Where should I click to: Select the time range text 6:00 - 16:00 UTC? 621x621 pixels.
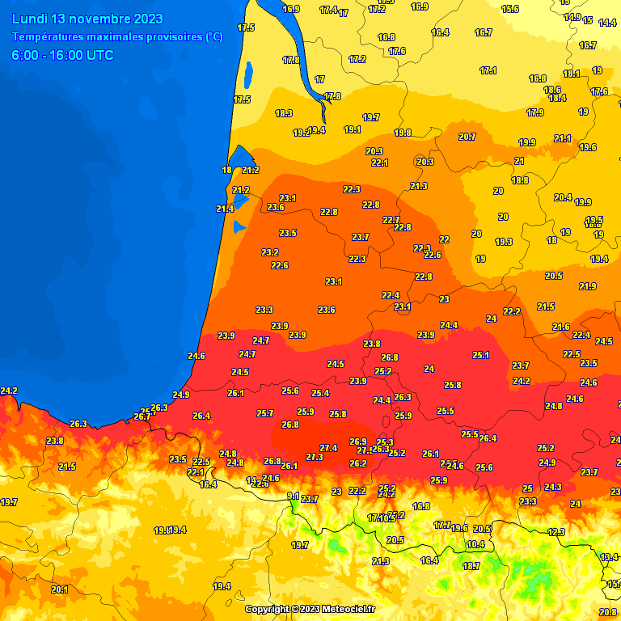tap(62, 55)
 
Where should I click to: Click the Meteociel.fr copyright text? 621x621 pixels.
tap(310, 609)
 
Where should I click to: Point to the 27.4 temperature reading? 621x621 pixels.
tap(328, 448)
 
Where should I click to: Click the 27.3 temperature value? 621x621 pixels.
tap(314, 457)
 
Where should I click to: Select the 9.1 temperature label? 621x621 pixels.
tap(293, 496)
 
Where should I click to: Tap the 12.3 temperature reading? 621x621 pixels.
tap(556, 532)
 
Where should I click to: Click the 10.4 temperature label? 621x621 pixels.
tap(475, 544)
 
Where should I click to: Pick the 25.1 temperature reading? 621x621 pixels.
tap(481, 355)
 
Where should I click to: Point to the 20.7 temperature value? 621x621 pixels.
tap(467, 137)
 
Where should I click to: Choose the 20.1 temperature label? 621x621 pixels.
tap(59, 589)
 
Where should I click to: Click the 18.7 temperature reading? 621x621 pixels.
tap(471, 566)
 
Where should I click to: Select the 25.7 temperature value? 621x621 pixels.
tap(265, 413)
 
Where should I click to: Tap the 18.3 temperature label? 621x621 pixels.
tap(284, 113)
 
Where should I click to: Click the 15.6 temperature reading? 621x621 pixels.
tap(510, 9)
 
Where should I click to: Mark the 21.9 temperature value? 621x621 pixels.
tap(588, 286)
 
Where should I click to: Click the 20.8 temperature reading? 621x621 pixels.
tap(609, 612)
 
